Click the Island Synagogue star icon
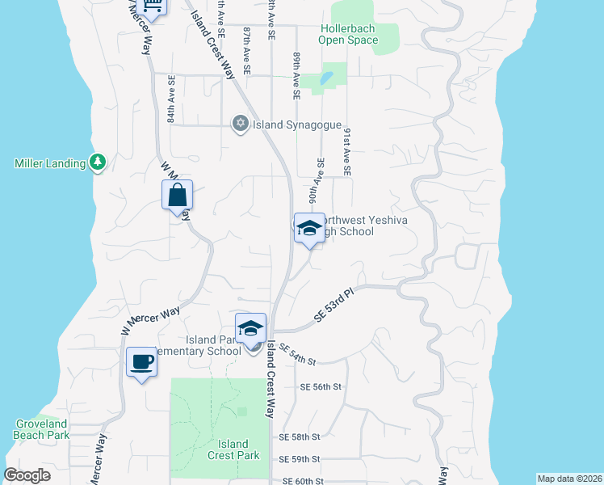tap(240, 124)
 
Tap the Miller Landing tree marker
tap(98, 162)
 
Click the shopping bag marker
tap(177, 196)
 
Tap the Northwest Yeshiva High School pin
tap(309, 229)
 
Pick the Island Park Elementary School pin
tap(251, 329)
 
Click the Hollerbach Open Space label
tap(348, 34)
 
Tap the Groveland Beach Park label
tap(42, 429)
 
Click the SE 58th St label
tap(300, 436)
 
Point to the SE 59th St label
tap(300, 459)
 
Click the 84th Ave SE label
tap(172, 99)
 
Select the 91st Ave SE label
tap(346, 151)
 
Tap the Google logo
tap(27, 475)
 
